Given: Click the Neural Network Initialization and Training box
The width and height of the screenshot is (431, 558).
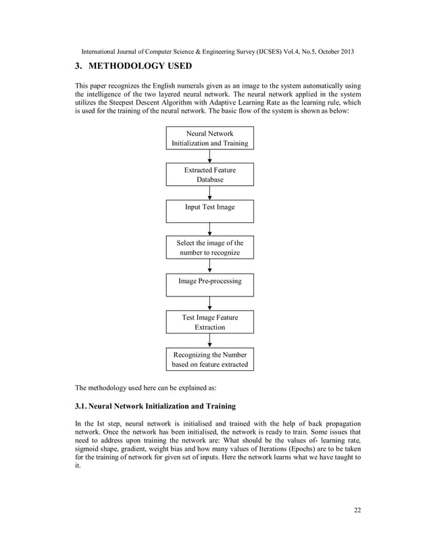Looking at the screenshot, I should [210, 138].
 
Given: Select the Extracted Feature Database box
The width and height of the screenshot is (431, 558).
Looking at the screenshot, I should [210, 175].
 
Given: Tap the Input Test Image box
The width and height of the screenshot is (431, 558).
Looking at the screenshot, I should [210, 211].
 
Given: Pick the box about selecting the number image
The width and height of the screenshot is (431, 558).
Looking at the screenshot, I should [210, 248].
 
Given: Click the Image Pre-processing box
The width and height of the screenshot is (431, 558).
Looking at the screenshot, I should [210, 284].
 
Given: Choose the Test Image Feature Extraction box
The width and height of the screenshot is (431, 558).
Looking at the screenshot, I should [210, 322].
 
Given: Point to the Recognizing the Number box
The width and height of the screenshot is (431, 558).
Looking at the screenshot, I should [210, 359].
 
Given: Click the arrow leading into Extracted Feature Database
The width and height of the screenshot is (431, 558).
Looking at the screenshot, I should [210, 157].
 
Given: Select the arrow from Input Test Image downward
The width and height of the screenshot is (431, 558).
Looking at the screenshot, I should [210, 230].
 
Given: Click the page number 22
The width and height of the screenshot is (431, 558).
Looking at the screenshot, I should [357, 510].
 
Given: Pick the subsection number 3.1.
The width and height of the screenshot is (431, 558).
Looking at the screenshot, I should [82, 406].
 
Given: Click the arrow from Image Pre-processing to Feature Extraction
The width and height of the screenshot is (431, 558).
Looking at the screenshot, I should [210, 303].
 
